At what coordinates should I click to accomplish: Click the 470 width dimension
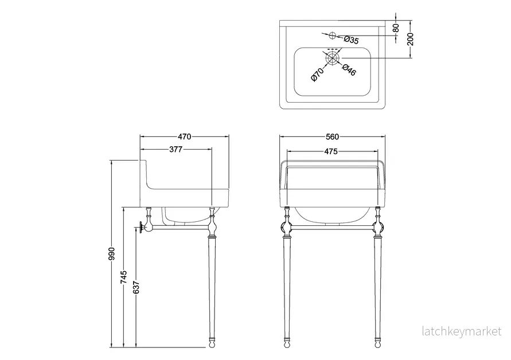[185, 136]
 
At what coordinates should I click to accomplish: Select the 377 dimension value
[175, 149]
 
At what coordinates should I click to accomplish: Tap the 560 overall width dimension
[332, 137]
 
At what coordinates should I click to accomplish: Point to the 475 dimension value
[331, 151]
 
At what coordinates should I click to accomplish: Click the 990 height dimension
[112, 254]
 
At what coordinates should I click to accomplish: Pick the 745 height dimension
[124, 277]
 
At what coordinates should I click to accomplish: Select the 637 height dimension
[136, 287]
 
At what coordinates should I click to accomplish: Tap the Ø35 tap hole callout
[351, 40]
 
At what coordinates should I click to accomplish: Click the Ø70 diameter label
[317, 75]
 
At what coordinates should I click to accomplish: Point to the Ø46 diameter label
[349, 70]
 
